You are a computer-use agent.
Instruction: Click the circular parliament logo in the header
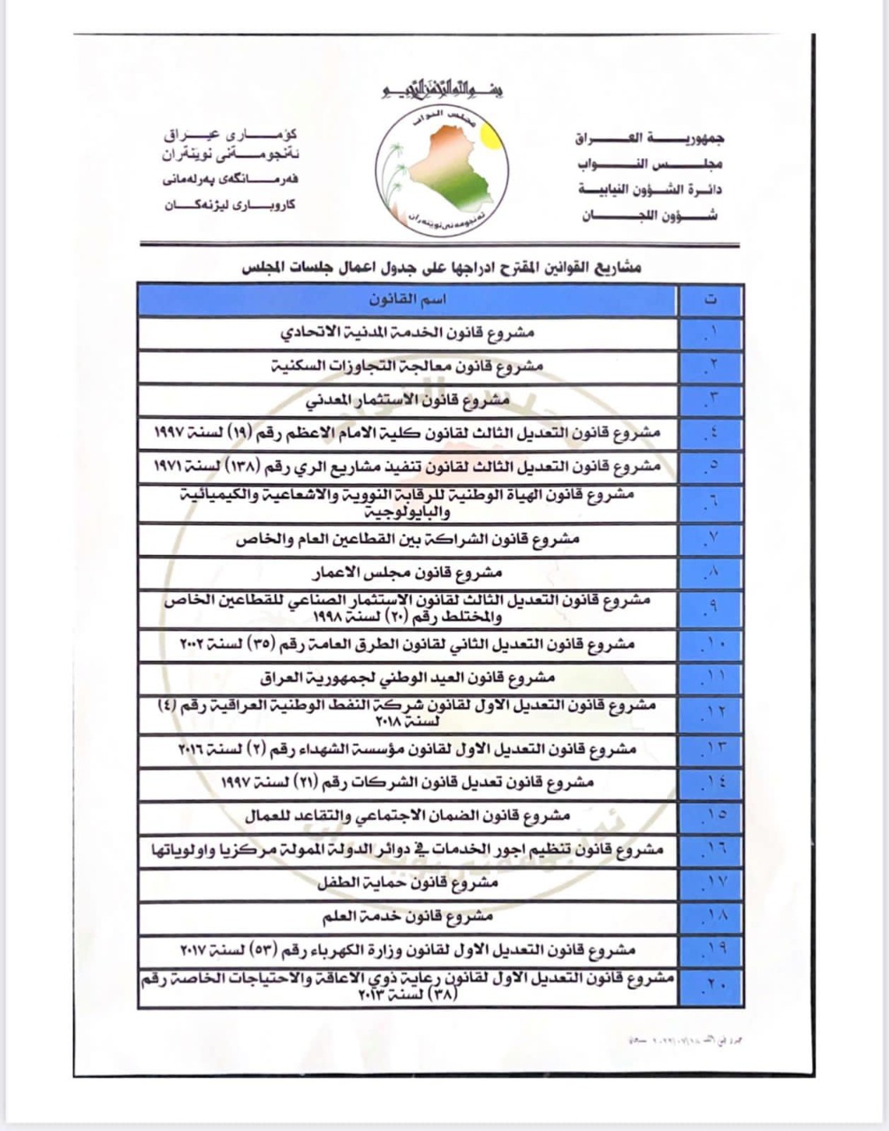tap(441, 167)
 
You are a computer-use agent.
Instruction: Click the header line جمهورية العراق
tap(650, 138)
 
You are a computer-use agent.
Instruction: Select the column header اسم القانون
tap(407, 300)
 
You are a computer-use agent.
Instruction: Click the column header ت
tap(710, 300)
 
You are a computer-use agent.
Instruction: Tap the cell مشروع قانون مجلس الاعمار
tap(407, 573)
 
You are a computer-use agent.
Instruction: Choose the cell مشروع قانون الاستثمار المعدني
tap(407, 399)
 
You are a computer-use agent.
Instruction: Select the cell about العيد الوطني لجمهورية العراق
tap(407, 678)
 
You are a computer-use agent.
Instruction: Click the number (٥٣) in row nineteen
tap(290, 951)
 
